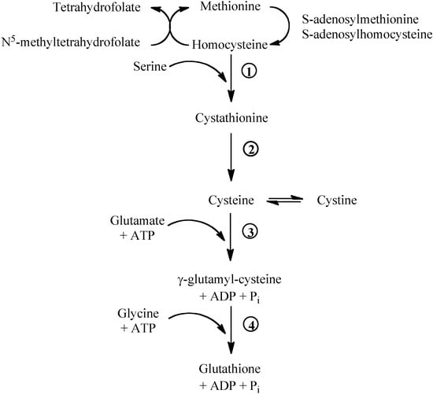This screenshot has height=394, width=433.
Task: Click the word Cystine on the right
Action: click(x=336, y=201)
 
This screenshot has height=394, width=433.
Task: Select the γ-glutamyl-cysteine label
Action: click(x=231, y=279)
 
